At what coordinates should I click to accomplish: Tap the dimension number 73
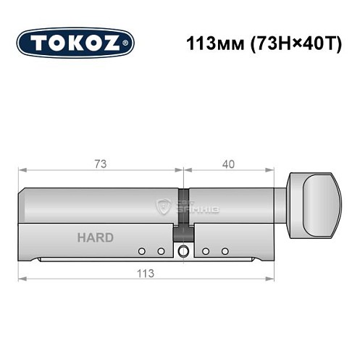pyautogui.click(x=101, y=164)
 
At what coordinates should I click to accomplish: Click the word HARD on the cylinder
pyautogui.click(x=95, y=237)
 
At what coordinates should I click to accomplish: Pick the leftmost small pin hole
pyautogui.click(x=142, y=251)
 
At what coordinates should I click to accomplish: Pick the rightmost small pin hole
pyautogui.click(x=225, y=251)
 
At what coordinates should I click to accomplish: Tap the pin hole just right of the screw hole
pyautogui.click(x=206, y=251)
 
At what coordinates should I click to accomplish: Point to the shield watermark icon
pyautogui.click(x=164, y=208)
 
